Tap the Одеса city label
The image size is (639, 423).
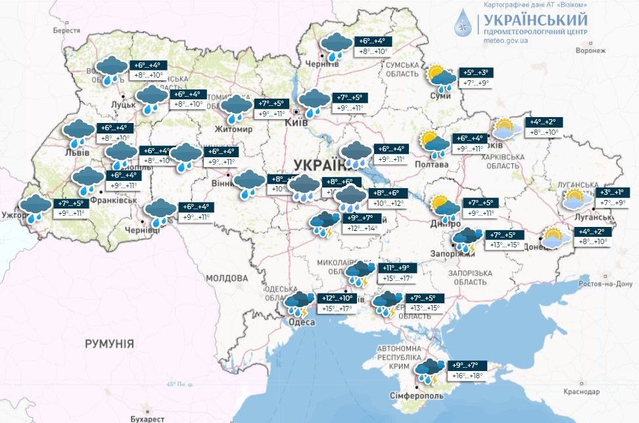point(294,322)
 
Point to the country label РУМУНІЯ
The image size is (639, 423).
point(109,343)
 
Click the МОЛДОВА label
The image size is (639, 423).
point(225,278)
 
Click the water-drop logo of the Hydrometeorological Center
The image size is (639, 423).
point(464,24)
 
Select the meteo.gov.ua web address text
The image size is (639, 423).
point(506,41)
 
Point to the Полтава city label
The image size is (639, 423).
point(432,164)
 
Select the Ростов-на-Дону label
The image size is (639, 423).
point(606,284)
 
